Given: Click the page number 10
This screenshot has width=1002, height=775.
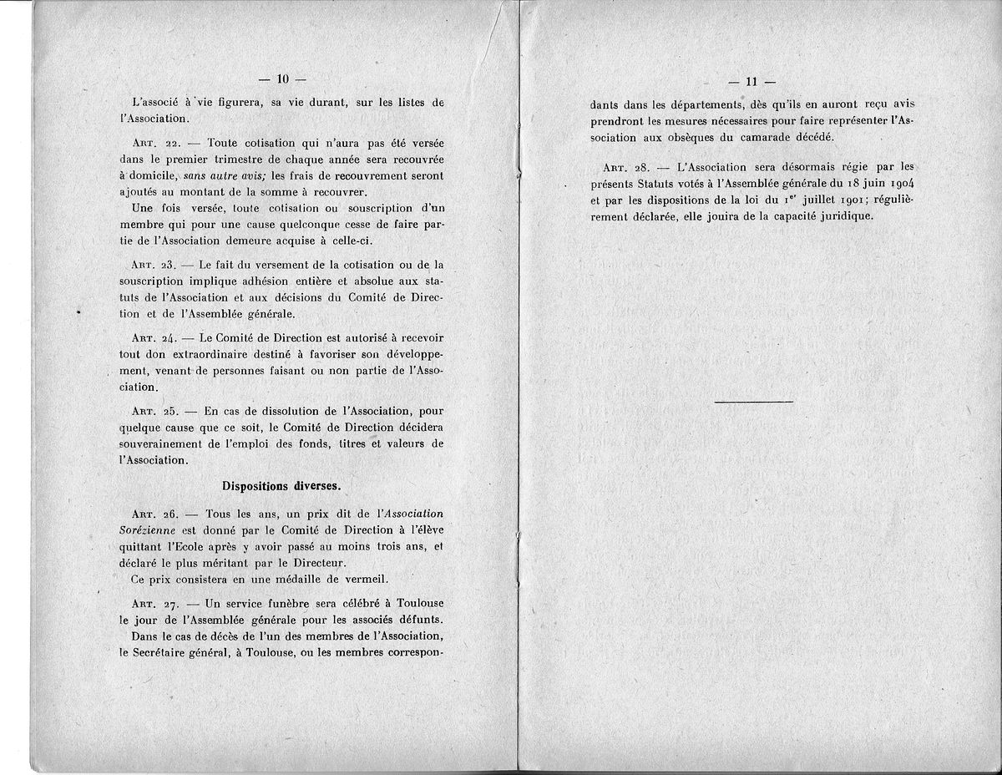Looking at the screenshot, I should (x=282, y=79).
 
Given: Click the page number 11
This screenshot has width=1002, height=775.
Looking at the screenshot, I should (x=751, y=82).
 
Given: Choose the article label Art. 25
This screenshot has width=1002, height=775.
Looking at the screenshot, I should (x=153, y=411).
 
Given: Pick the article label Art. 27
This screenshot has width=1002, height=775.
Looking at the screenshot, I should (x=153, y=603).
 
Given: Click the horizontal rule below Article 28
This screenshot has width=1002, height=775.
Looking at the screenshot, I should (x=754, y=403).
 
